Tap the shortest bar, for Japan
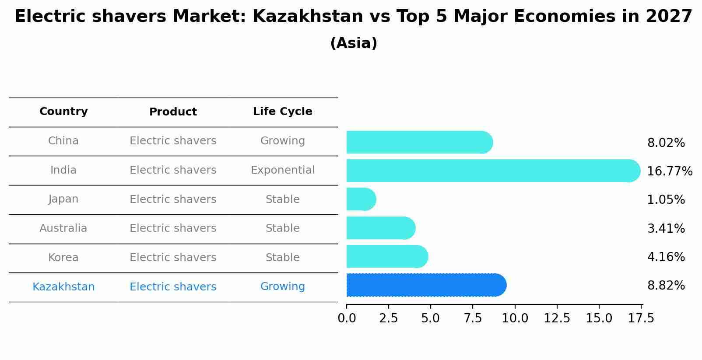click(361, 199)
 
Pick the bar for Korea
click(386, 256)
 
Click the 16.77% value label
click(669, 171)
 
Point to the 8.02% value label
click(666, 143)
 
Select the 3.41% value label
click(666, 228)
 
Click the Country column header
click(63, 112)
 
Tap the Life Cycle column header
click(282, 112)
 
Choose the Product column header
click(173, 112)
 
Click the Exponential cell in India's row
click(282, 170)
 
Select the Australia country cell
click(63, 228)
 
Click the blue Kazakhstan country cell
click(63, 287)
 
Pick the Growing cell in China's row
click(282, 141)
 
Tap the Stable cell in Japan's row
click(282, 199)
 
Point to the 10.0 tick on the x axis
click(515, 318)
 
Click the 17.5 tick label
click(641, 318)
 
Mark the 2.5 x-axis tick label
click(389, 318)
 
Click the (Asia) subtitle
click(354, 43)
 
